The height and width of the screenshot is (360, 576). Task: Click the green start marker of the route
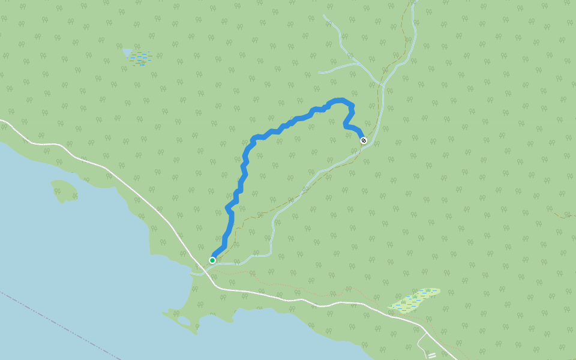212,260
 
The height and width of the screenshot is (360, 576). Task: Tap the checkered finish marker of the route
363,140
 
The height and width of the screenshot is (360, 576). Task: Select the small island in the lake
64,190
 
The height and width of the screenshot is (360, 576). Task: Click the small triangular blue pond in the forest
127,53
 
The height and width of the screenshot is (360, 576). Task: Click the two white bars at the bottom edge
431,355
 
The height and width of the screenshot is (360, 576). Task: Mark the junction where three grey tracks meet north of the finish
379,83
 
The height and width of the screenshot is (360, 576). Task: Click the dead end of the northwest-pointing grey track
324,16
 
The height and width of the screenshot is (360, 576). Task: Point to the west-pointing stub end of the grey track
319,72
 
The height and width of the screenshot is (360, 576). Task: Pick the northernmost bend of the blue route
340,100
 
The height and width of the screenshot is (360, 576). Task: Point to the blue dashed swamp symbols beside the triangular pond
142,58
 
